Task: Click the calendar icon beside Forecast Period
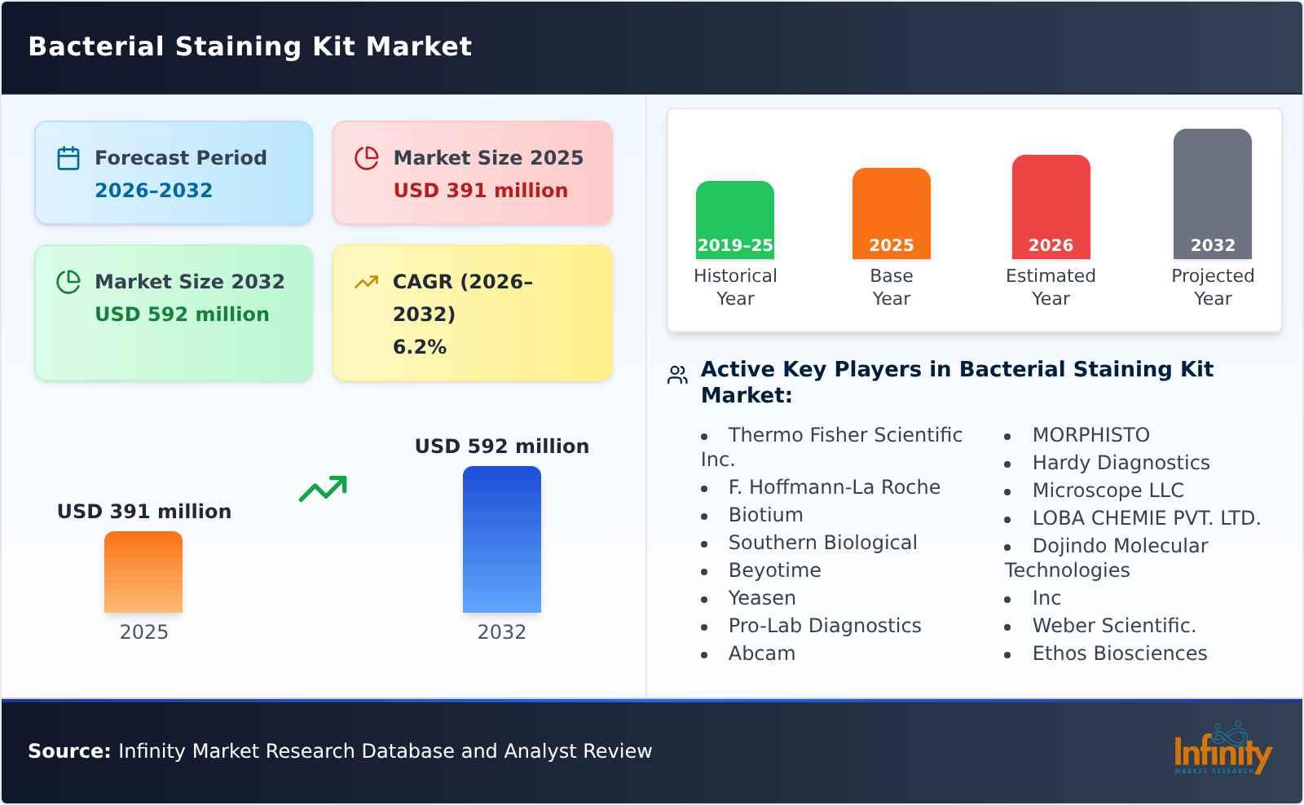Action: pos(68,158)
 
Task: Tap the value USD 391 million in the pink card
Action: pos(480,191)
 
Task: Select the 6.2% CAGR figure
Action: pos(419,347)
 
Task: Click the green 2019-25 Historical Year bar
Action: pos(734,220)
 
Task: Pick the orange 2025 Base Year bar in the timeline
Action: pos(891,213)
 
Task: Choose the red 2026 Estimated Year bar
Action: pos(1051,207)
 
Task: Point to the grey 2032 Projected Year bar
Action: pos(1212,194)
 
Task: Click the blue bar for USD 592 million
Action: pos(501,539)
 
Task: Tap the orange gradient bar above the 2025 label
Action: pos(143,572)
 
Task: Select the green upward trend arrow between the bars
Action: pos(323,489)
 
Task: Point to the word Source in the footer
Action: pos(68,751)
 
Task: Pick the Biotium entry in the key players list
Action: pos(765,515)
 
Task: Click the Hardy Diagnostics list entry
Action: pos(1121,463)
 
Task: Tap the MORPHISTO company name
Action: pos(1090,435)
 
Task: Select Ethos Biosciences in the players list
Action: pos(1119,653)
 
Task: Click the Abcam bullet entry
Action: pos(761,653)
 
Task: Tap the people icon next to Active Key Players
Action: pos(677,375)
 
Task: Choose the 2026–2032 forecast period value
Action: pos(153,191)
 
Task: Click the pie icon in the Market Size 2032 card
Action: pos(68,282)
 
